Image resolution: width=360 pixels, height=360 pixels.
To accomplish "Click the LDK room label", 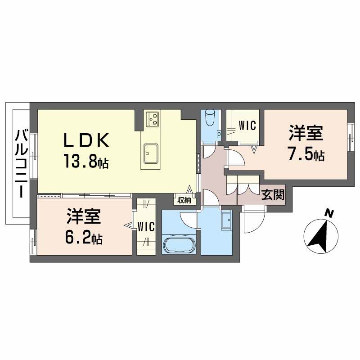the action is (86, 140).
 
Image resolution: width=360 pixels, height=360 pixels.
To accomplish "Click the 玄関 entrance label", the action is (273, 195).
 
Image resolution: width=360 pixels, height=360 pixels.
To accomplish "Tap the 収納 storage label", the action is (184, 200).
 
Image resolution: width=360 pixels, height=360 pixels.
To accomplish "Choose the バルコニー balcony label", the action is (22, 163).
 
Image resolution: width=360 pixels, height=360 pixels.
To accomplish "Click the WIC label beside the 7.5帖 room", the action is (247, 126).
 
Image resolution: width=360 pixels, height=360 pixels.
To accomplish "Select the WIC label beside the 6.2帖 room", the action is (146, 227).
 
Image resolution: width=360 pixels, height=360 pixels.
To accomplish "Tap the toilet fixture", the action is (209, 117).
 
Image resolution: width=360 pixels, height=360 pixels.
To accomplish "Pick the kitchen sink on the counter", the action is (151, 153).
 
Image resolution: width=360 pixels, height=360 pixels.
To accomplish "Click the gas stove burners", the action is (153, 119).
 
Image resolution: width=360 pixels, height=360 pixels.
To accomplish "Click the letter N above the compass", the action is (329, 214).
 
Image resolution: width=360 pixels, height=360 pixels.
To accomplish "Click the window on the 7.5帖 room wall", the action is (351, 138).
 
